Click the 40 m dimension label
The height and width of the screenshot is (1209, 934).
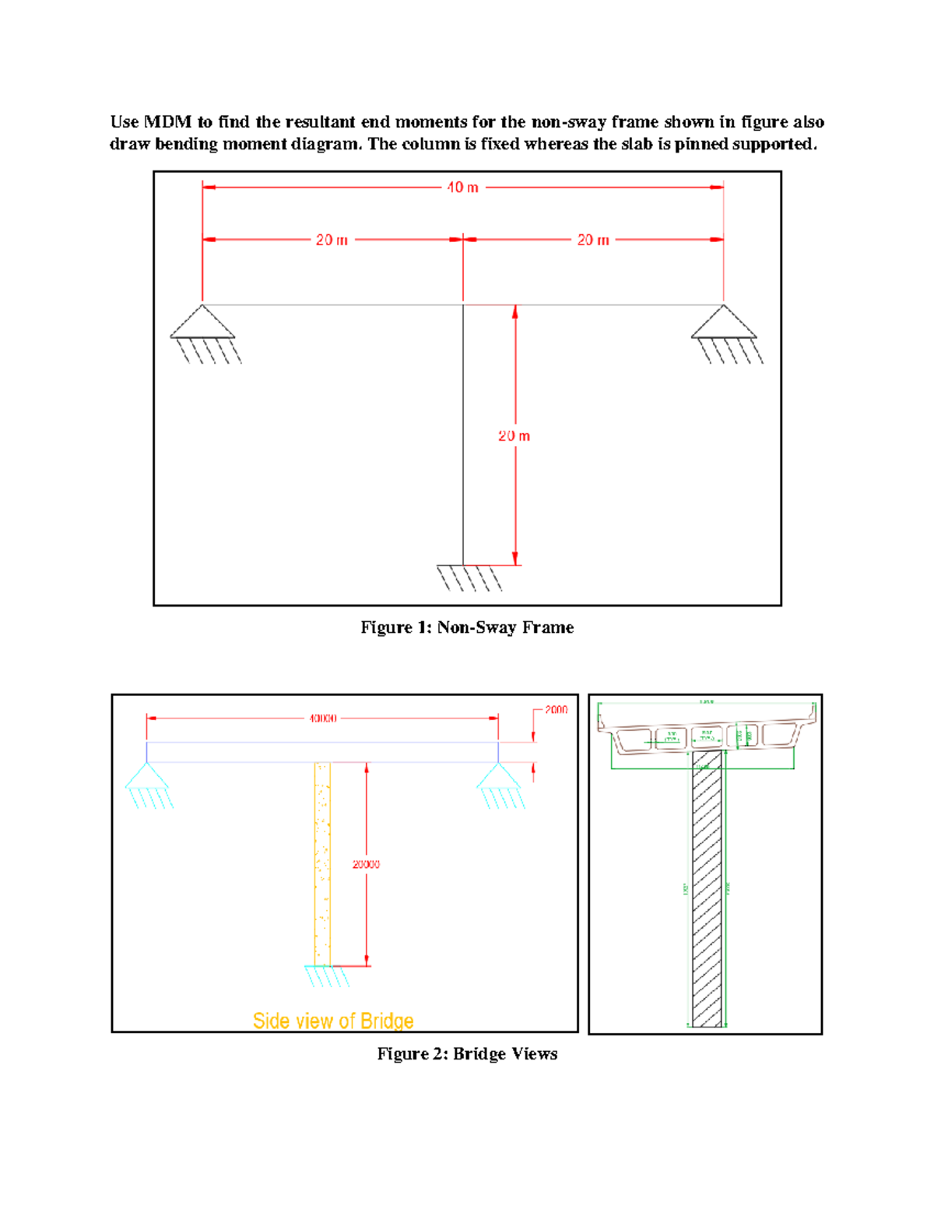pos(462,188)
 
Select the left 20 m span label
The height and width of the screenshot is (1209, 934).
pos(332,241)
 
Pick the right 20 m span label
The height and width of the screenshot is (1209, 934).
pos(593,241)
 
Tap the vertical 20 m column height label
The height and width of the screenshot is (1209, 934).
pos(514,436)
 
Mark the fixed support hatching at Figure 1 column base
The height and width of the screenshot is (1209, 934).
pos(469,578)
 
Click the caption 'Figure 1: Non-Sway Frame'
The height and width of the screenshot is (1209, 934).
pos(467,627)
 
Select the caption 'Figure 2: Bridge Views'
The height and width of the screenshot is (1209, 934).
pos(467,1054)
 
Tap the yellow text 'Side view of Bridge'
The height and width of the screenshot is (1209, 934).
pos(333,1021)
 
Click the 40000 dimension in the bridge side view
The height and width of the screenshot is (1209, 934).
pos(323,719)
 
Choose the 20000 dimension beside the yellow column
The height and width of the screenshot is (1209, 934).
pos(366,864)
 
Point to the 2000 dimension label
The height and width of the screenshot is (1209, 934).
pos(556,710)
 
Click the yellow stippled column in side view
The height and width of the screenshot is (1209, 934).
pos(322,864)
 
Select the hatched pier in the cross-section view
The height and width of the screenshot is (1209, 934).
pos(707,887)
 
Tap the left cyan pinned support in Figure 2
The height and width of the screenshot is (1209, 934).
pos(147,777)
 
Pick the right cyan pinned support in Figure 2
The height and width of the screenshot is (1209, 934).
pos(498,777)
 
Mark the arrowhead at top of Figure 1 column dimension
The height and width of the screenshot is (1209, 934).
pos(515,311)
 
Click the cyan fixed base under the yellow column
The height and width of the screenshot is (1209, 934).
pos(327,975)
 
